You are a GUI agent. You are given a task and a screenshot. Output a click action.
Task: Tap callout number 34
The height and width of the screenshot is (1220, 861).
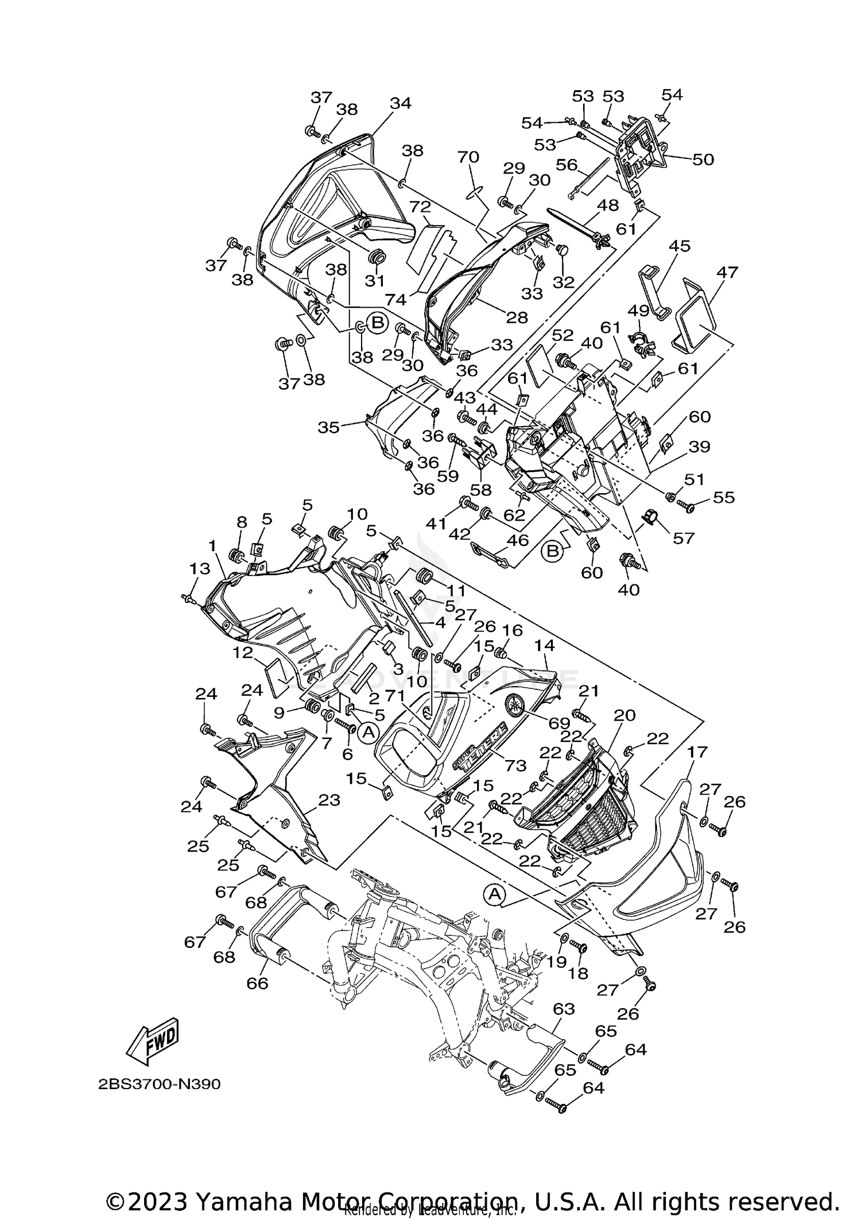401,103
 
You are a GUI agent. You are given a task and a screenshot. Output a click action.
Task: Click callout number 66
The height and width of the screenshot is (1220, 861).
257,983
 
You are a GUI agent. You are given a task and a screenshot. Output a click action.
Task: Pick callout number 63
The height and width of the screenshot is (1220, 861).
564,1008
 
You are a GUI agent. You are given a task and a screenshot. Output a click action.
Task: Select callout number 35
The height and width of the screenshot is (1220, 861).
329,427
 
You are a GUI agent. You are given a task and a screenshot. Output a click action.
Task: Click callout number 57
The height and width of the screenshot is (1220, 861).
684,538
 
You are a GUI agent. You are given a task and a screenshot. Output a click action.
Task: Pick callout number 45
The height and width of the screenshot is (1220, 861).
679,246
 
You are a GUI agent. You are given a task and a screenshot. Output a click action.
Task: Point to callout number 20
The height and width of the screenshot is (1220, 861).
625,715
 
